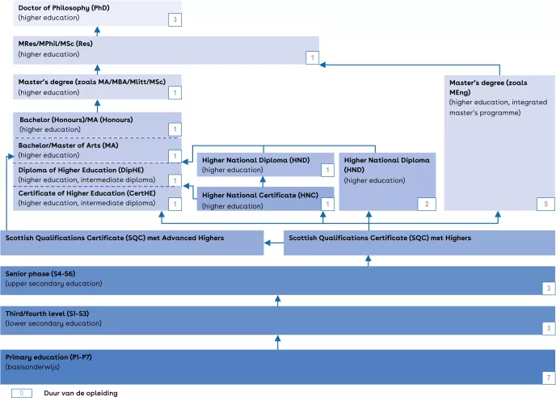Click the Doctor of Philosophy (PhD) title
[64, 7]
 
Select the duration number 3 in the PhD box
[174, 19]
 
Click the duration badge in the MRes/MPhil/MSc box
[312, 57]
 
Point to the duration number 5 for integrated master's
[546, 204]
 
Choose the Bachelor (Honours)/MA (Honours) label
[76, 120]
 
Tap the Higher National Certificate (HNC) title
[260, 196]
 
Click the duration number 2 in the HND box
[428, 204]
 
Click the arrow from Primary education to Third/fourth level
[277, 342]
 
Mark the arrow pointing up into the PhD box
[96, 31]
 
